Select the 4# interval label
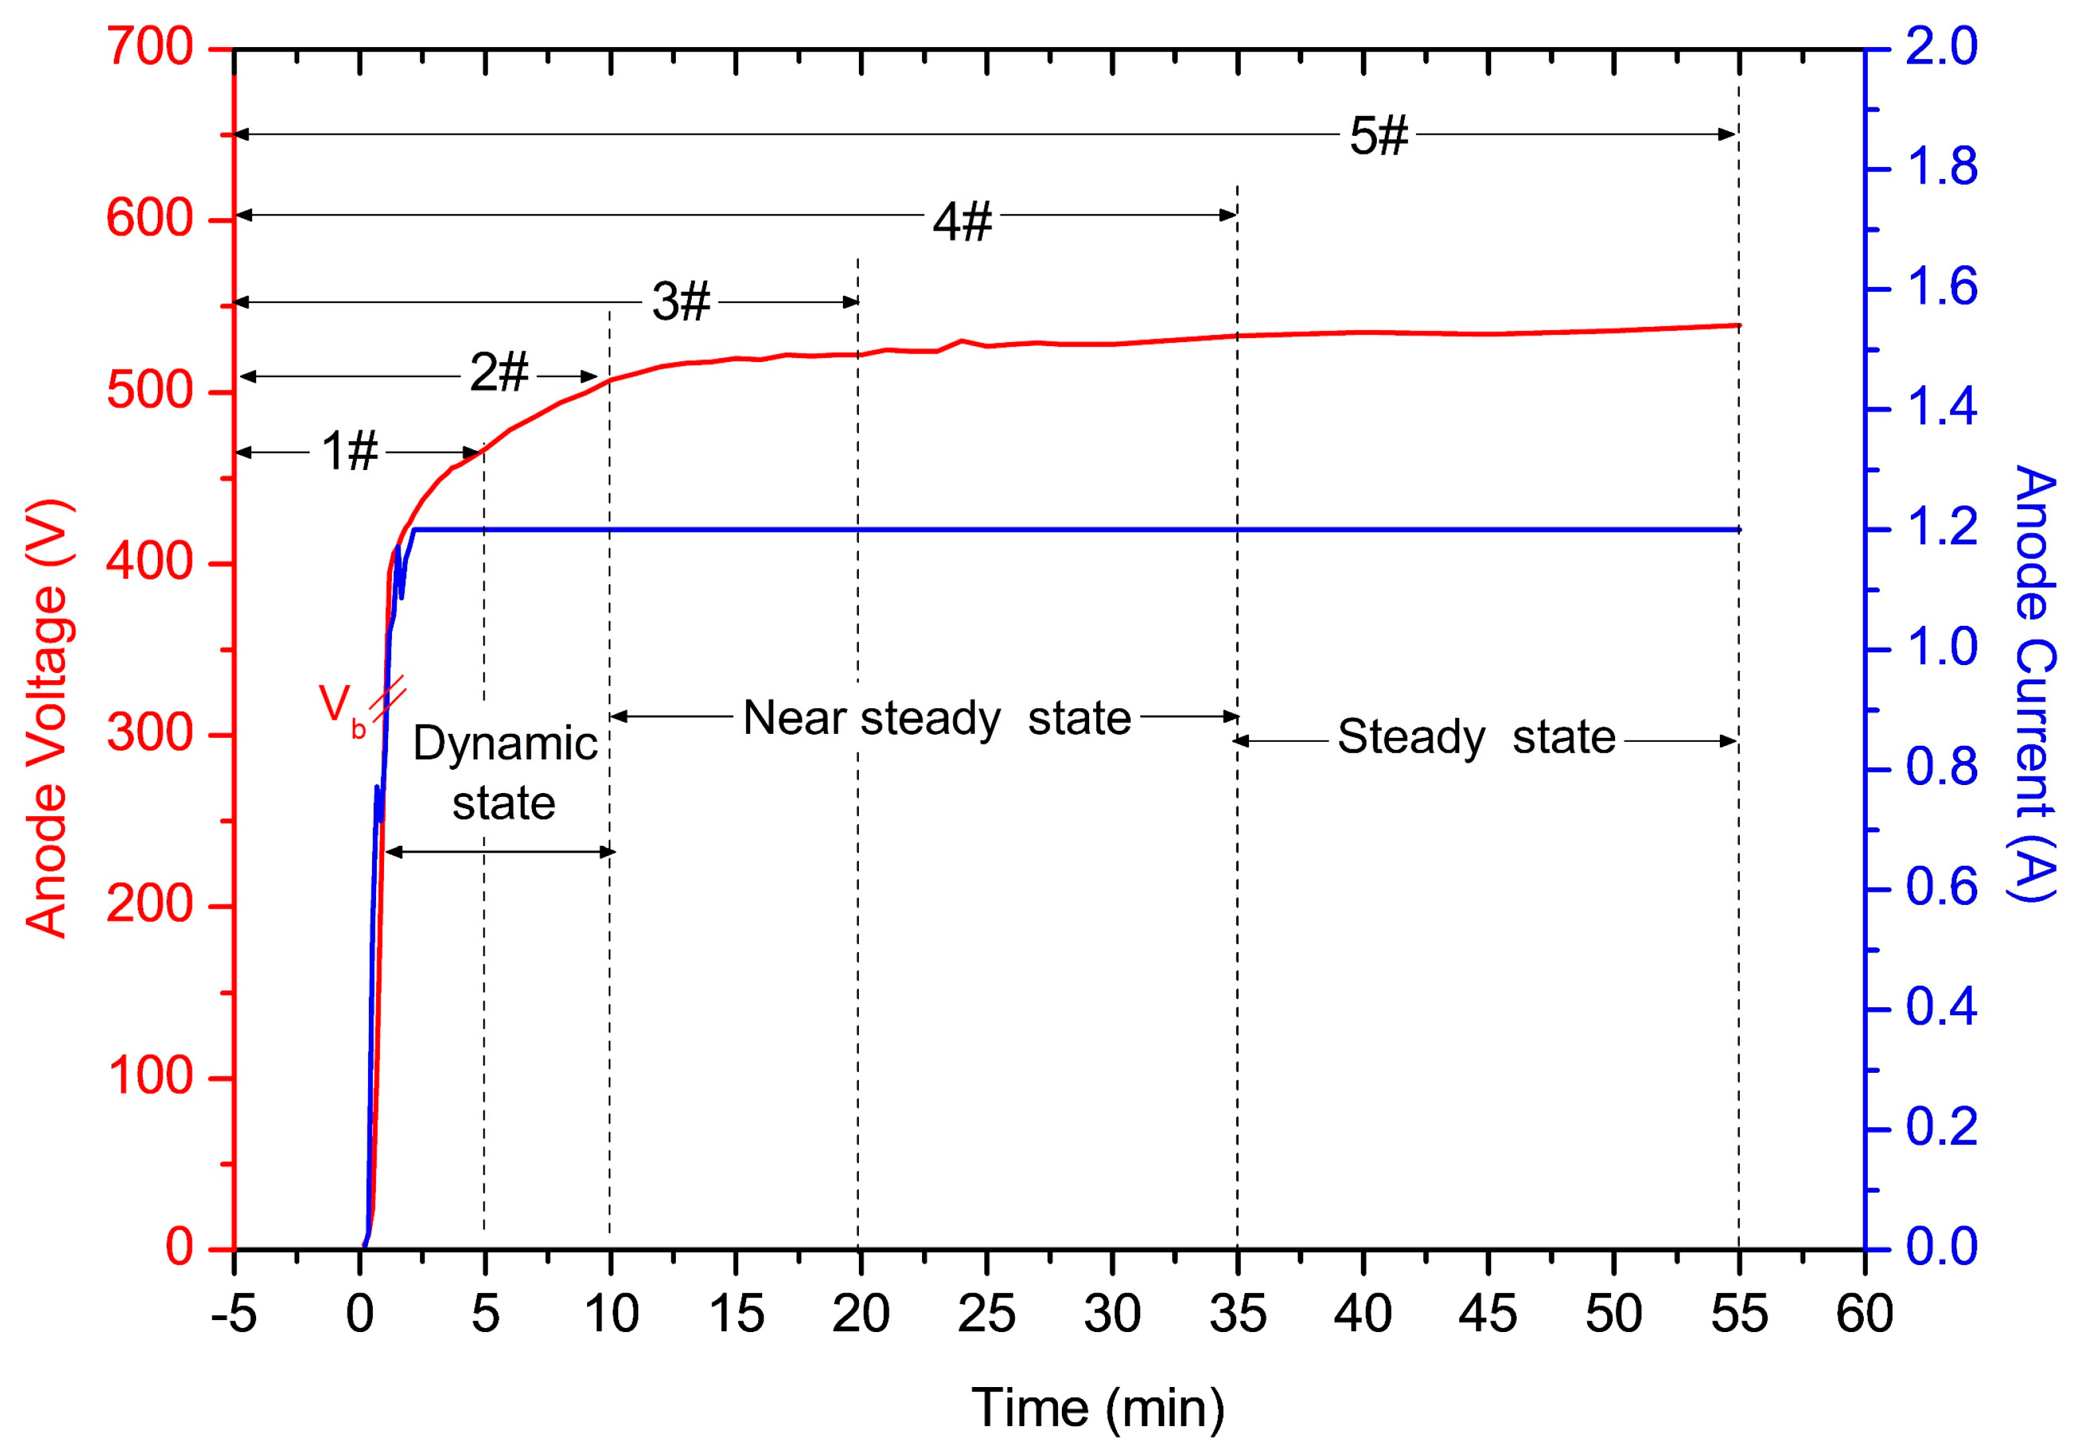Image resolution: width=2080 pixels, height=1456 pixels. point(962,221)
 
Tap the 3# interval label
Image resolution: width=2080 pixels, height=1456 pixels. point(681,302)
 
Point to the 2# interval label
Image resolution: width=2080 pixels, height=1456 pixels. point(498,372)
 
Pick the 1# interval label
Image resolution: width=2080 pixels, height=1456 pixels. point(349,451)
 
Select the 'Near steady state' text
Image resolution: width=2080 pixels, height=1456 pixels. point(937,718)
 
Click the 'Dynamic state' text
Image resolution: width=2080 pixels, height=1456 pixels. point(505,772)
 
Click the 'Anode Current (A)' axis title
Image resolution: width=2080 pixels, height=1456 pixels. point(2034,684)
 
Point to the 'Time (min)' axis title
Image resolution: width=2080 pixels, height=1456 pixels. point(1098,1408)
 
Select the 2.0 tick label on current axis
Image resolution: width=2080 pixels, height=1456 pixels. point(1941,46)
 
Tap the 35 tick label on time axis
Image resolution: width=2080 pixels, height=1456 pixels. point(1238,1314)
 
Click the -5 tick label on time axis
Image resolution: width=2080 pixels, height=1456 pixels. point(233,1314)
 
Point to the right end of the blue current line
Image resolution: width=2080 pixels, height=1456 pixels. point(1738,530)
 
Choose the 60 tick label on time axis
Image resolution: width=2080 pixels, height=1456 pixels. point(1864,1314)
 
